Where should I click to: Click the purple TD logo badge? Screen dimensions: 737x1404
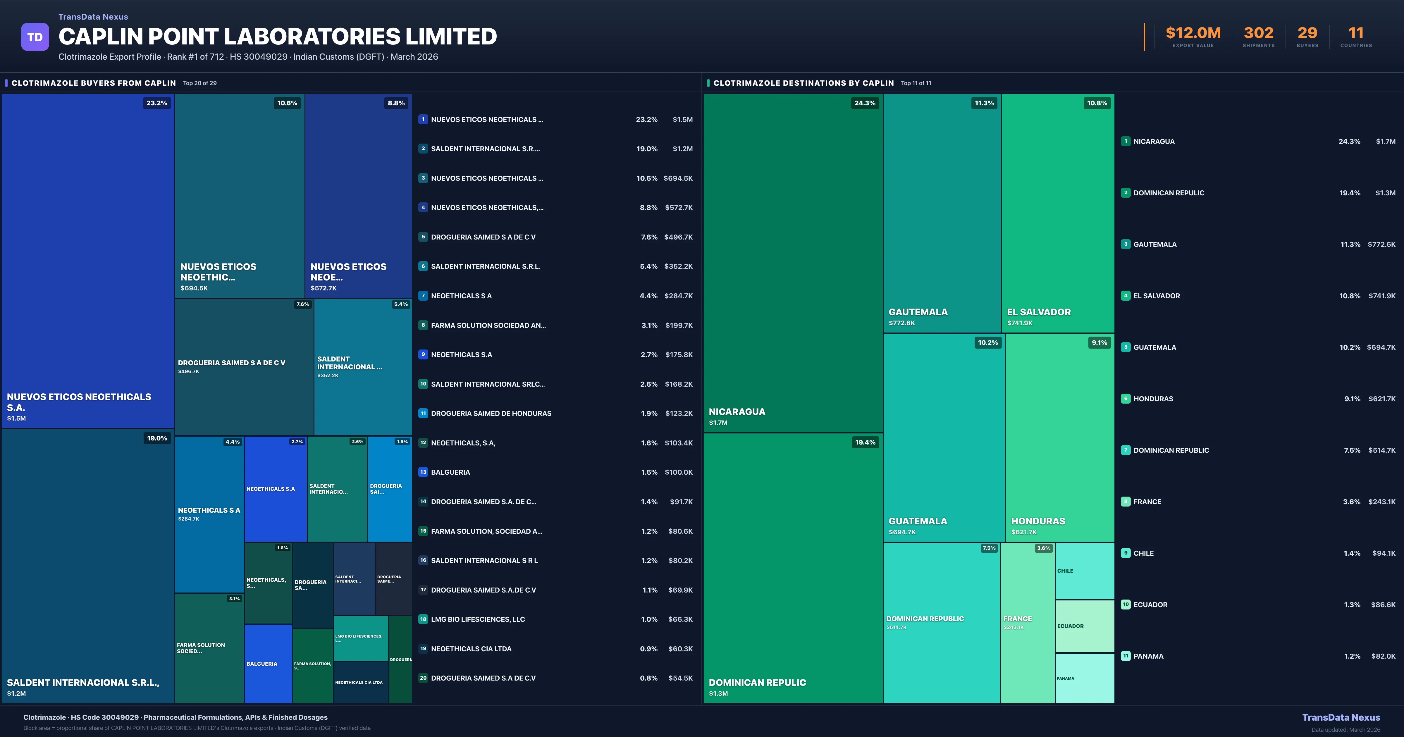coord(35,37)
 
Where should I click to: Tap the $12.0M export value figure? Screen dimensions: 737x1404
coord(1193,33)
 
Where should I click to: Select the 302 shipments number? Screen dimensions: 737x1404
coord(1258,33)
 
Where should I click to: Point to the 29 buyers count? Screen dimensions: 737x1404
coord(1307,33)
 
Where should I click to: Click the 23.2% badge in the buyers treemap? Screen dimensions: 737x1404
coord(156,103)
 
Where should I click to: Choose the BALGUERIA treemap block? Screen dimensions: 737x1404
coord(268,663)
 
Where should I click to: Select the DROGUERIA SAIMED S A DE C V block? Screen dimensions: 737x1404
coord(244,366)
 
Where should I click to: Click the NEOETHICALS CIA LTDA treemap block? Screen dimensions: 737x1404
coord(360,682)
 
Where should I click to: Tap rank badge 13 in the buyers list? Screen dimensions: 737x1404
coord(423,472)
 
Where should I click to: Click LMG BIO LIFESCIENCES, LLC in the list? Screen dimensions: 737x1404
coord(477,619)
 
